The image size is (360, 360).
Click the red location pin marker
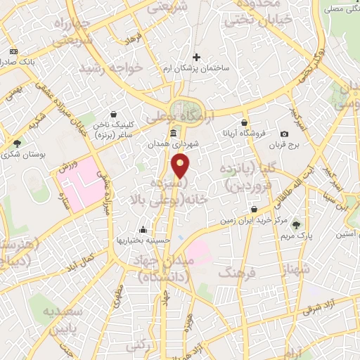(181, 165)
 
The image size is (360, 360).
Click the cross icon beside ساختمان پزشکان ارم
(196, 57)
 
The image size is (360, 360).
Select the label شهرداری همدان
(173, 144)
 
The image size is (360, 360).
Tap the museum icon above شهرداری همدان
(173, 133)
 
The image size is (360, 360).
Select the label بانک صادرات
(18, 63)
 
